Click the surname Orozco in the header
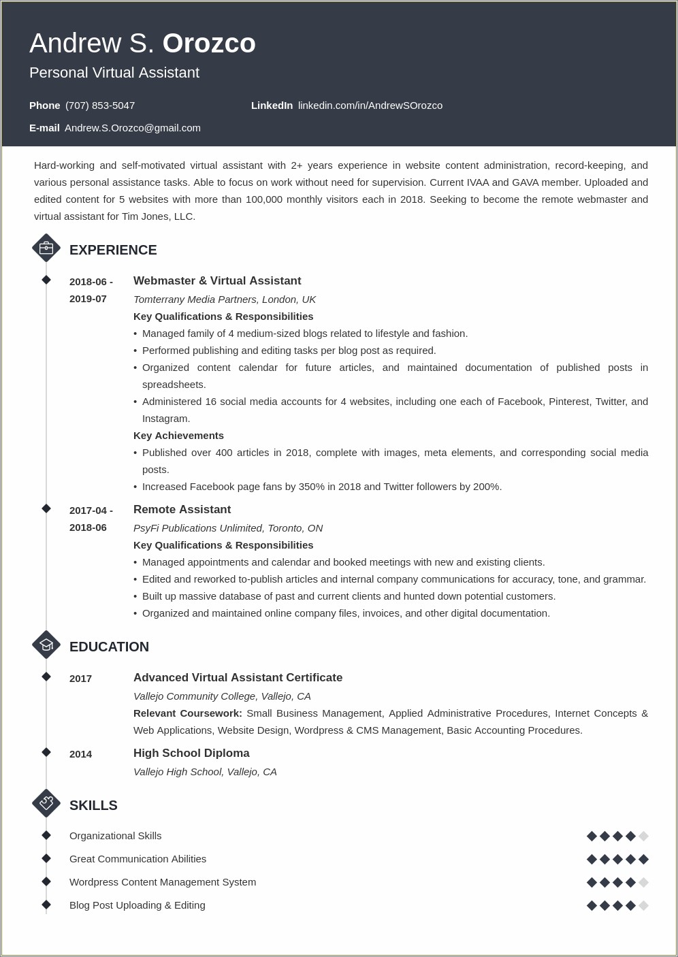[x=209, y=44]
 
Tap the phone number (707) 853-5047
[x=100, y=106]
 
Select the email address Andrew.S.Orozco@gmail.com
[x=133, y=128]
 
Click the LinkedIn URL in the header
[x=370, y=106]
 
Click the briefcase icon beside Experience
[x=46, y=248]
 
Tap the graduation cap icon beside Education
[x=46, y=645]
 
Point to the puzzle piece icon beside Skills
[x=46, y=803]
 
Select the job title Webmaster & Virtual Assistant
[x=217, y=281]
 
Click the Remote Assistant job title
[x=182, y=510]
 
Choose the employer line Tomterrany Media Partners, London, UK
[x=225, y=299]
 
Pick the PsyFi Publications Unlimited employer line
[x=228, y=528]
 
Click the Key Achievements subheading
[x=178, y=436]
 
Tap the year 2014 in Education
[x=80, y=754]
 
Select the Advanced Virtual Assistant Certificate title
[x=238, y=678]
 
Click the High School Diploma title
[x=191, y=753]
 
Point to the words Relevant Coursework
[x=188, y=713]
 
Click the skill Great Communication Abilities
[x=138, y=859]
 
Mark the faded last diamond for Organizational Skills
[x=643, y=836]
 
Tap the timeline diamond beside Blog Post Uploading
[x=46, y=905]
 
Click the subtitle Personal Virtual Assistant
[x=114, y=73]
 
